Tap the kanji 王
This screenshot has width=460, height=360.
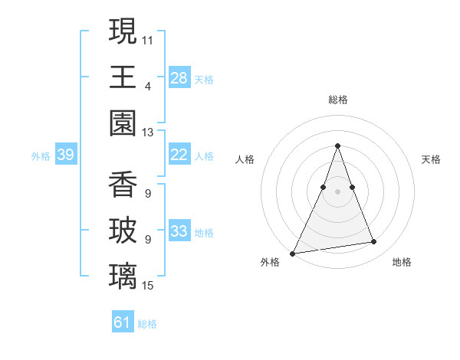(123, 77)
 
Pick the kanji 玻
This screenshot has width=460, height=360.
(123, 231)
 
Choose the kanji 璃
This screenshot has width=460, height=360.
(123, 277)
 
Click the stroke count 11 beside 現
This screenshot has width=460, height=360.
(148, 39)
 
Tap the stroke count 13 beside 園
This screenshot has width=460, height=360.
(148, 133)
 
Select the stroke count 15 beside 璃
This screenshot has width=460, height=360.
(148, 286)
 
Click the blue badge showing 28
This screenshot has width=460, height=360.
(179, 78)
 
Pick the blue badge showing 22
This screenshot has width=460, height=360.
(179, 155)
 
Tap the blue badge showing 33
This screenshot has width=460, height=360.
(179, 231)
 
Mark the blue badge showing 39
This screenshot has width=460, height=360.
(65, 155)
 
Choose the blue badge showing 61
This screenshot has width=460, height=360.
(123, 322)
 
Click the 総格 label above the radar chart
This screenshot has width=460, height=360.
(337, 100)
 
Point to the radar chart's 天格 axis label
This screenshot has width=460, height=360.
(432, 159)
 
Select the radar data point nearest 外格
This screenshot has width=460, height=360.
(293, 253)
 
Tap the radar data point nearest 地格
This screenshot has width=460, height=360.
(374, 242)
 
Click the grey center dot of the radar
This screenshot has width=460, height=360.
(337, 192)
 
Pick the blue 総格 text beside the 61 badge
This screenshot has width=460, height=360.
(147, 324)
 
